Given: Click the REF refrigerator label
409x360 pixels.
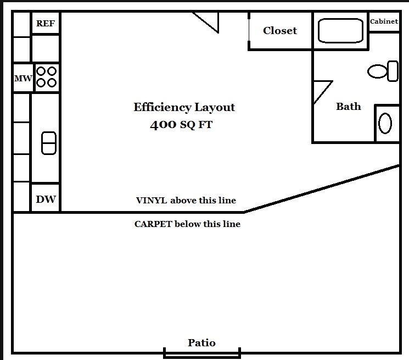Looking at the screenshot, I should [x=46, y=24].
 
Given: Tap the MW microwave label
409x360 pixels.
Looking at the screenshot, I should [x=23, y=79].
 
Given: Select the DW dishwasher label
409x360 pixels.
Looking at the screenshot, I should [x=46, y=199].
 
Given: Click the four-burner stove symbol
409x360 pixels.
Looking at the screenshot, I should [x=46, y=77].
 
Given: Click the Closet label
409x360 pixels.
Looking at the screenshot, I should [x=280, y=31].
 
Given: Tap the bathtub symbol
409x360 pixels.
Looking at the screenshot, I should [x=341, y=30].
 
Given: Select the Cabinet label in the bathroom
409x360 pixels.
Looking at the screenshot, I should [x=384, y=22].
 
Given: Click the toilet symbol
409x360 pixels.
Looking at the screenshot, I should [x=383, y=71].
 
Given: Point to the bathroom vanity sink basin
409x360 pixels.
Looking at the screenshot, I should [x=385, y=123].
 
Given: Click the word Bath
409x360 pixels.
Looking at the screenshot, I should [x=349, y=107].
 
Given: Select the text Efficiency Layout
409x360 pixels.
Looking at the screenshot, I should [x=184, y=107].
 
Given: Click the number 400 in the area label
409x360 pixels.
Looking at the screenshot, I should [x=163, y=125].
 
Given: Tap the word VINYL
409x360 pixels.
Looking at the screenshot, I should [x=151, y=201].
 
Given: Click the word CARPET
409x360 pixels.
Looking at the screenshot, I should [x=153, y=224].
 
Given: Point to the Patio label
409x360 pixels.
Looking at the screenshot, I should [x=202, y=343].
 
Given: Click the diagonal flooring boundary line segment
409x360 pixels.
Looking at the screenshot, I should [x=321, y=188].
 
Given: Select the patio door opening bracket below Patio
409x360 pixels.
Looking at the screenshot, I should [x=202, y=354].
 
